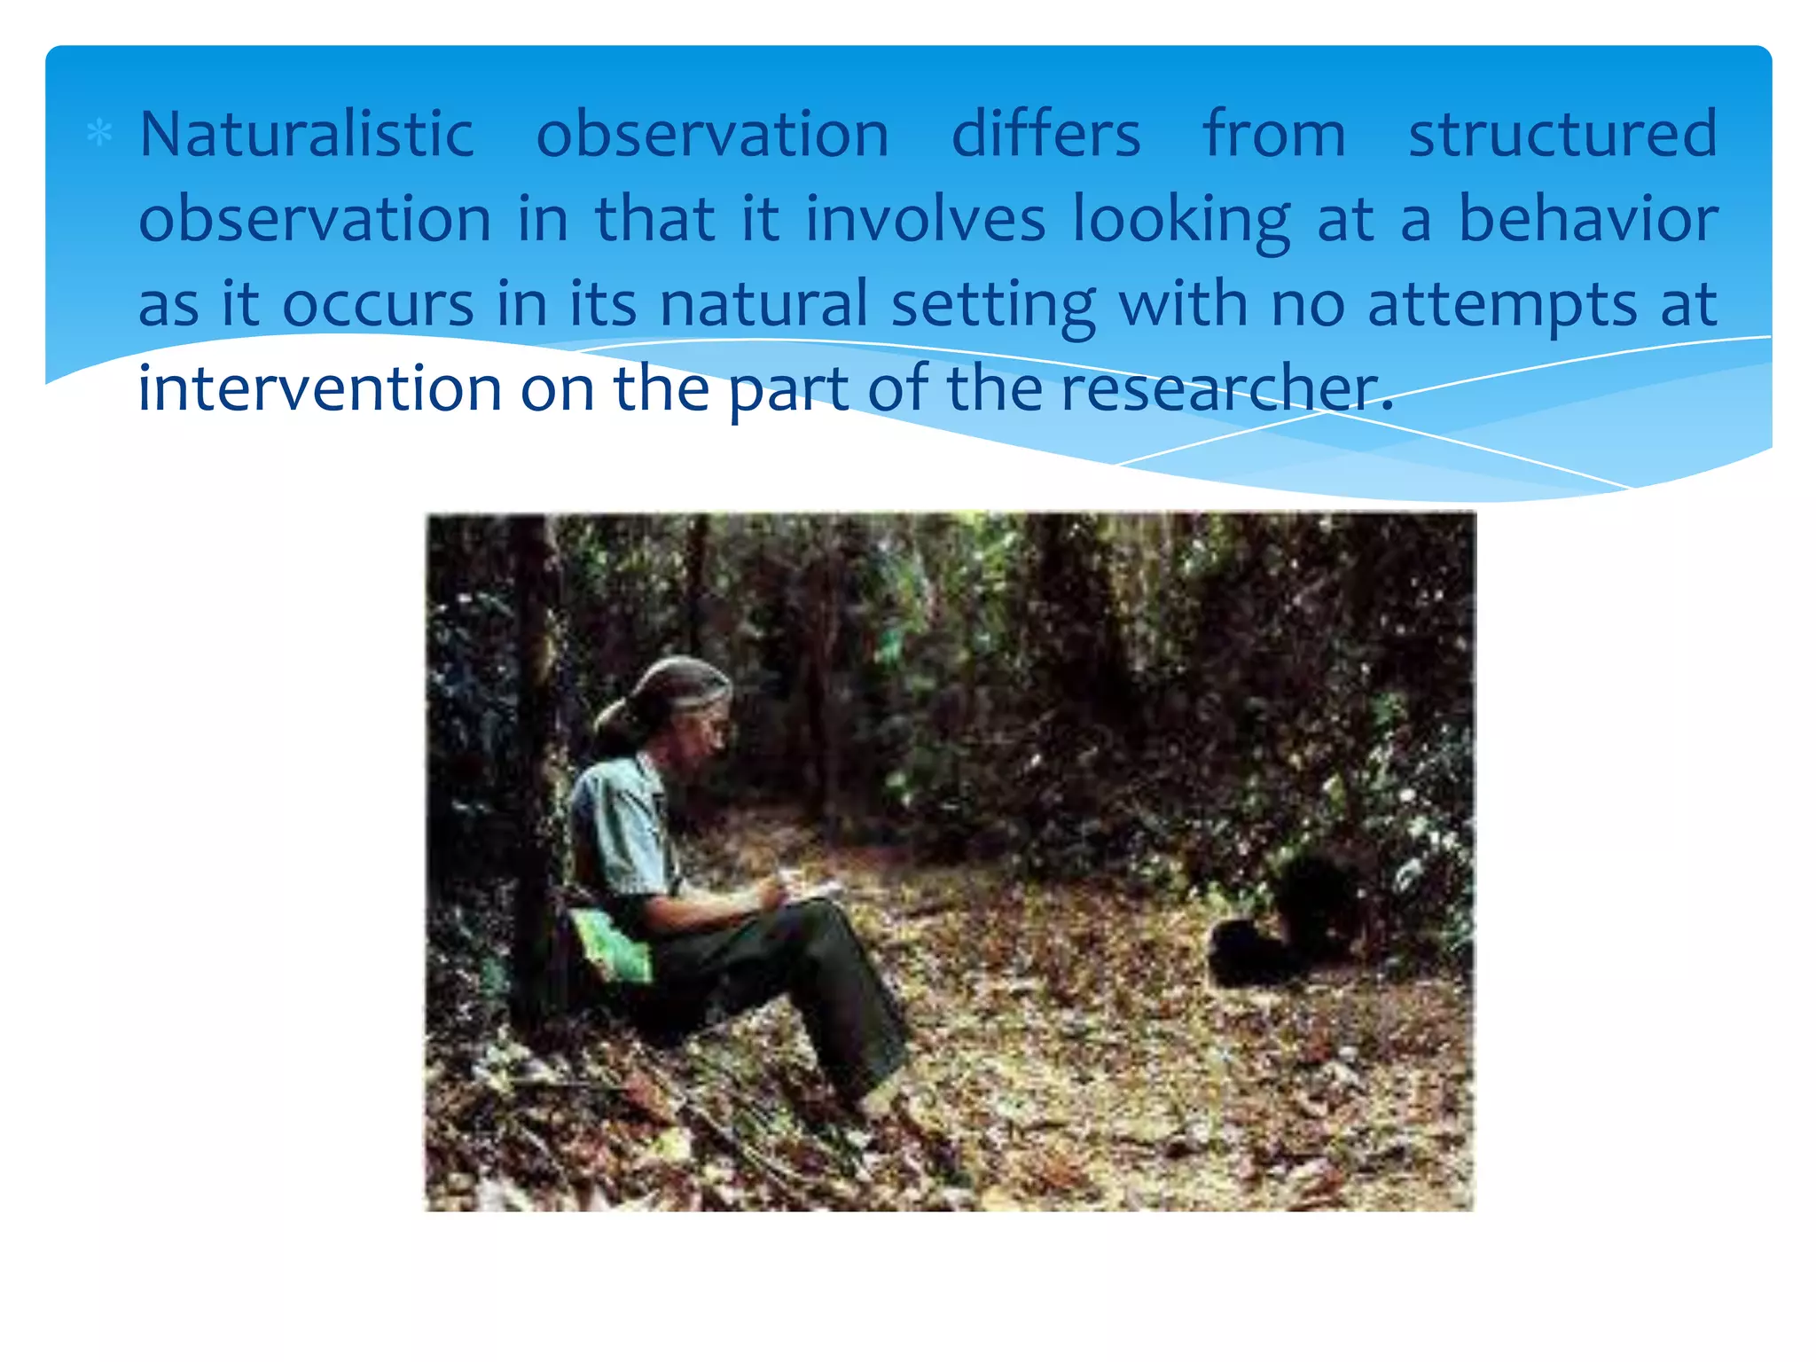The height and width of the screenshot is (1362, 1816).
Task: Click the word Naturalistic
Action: [x=307, y=135]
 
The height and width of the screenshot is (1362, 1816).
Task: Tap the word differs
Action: [x=1045, y=135]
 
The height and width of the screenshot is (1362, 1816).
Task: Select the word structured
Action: [x=1562, y=135]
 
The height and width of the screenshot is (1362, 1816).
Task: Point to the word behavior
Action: [x=1587, y=219]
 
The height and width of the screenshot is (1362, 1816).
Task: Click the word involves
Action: [x=925, y=219]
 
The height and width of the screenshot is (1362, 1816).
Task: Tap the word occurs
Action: [x=378, y=304]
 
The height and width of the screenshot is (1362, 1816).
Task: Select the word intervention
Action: [x=320, y=388]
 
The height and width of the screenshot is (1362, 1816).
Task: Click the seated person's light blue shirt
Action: [x=621, y=825]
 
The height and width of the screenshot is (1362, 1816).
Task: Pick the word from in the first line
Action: [x=1274, y=135]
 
